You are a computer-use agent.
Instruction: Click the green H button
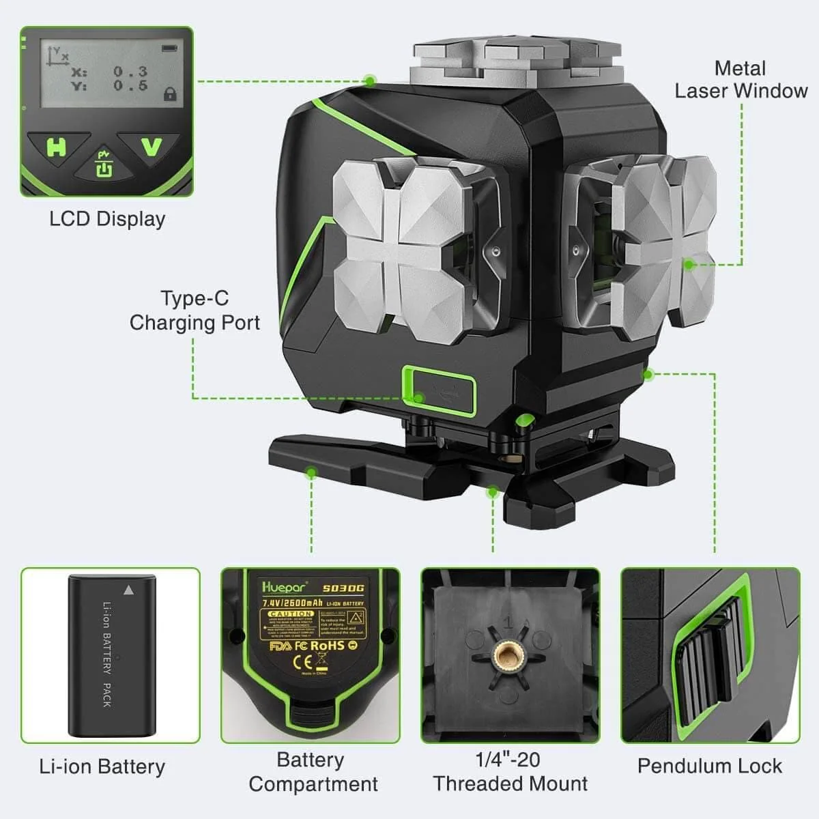click(56, 146)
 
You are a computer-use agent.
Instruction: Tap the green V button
click(151, 147)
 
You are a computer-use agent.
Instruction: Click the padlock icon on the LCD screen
click(169, 94)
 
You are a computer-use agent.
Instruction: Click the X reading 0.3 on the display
click(130, 71)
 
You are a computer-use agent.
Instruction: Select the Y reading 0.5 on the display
click(130, 85)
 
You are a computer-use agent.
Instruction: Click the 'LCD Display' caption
click(107, 219)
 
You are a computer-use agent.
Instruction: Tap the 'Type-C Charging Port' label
click(195, 311)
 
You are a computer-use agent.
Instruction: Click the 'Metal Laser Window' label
click(741, 79)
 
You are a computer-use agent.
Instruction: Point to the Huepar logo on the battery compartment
click(285, 586)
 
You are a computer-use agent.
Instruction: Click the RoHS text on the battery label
click(328, 645)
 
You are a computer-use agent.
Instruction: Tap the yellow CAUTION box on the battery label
click(291, 614)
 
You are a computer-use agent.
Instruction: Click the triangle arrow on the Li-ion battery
click(128, 588)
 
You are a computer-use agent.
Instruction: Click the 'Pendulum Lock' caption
click(709, 766)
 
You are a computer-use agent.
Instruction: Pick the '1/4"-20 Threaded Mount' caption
click(510, 771)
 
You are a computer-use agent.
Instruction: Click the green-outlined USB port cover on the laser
click(438, 390)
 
